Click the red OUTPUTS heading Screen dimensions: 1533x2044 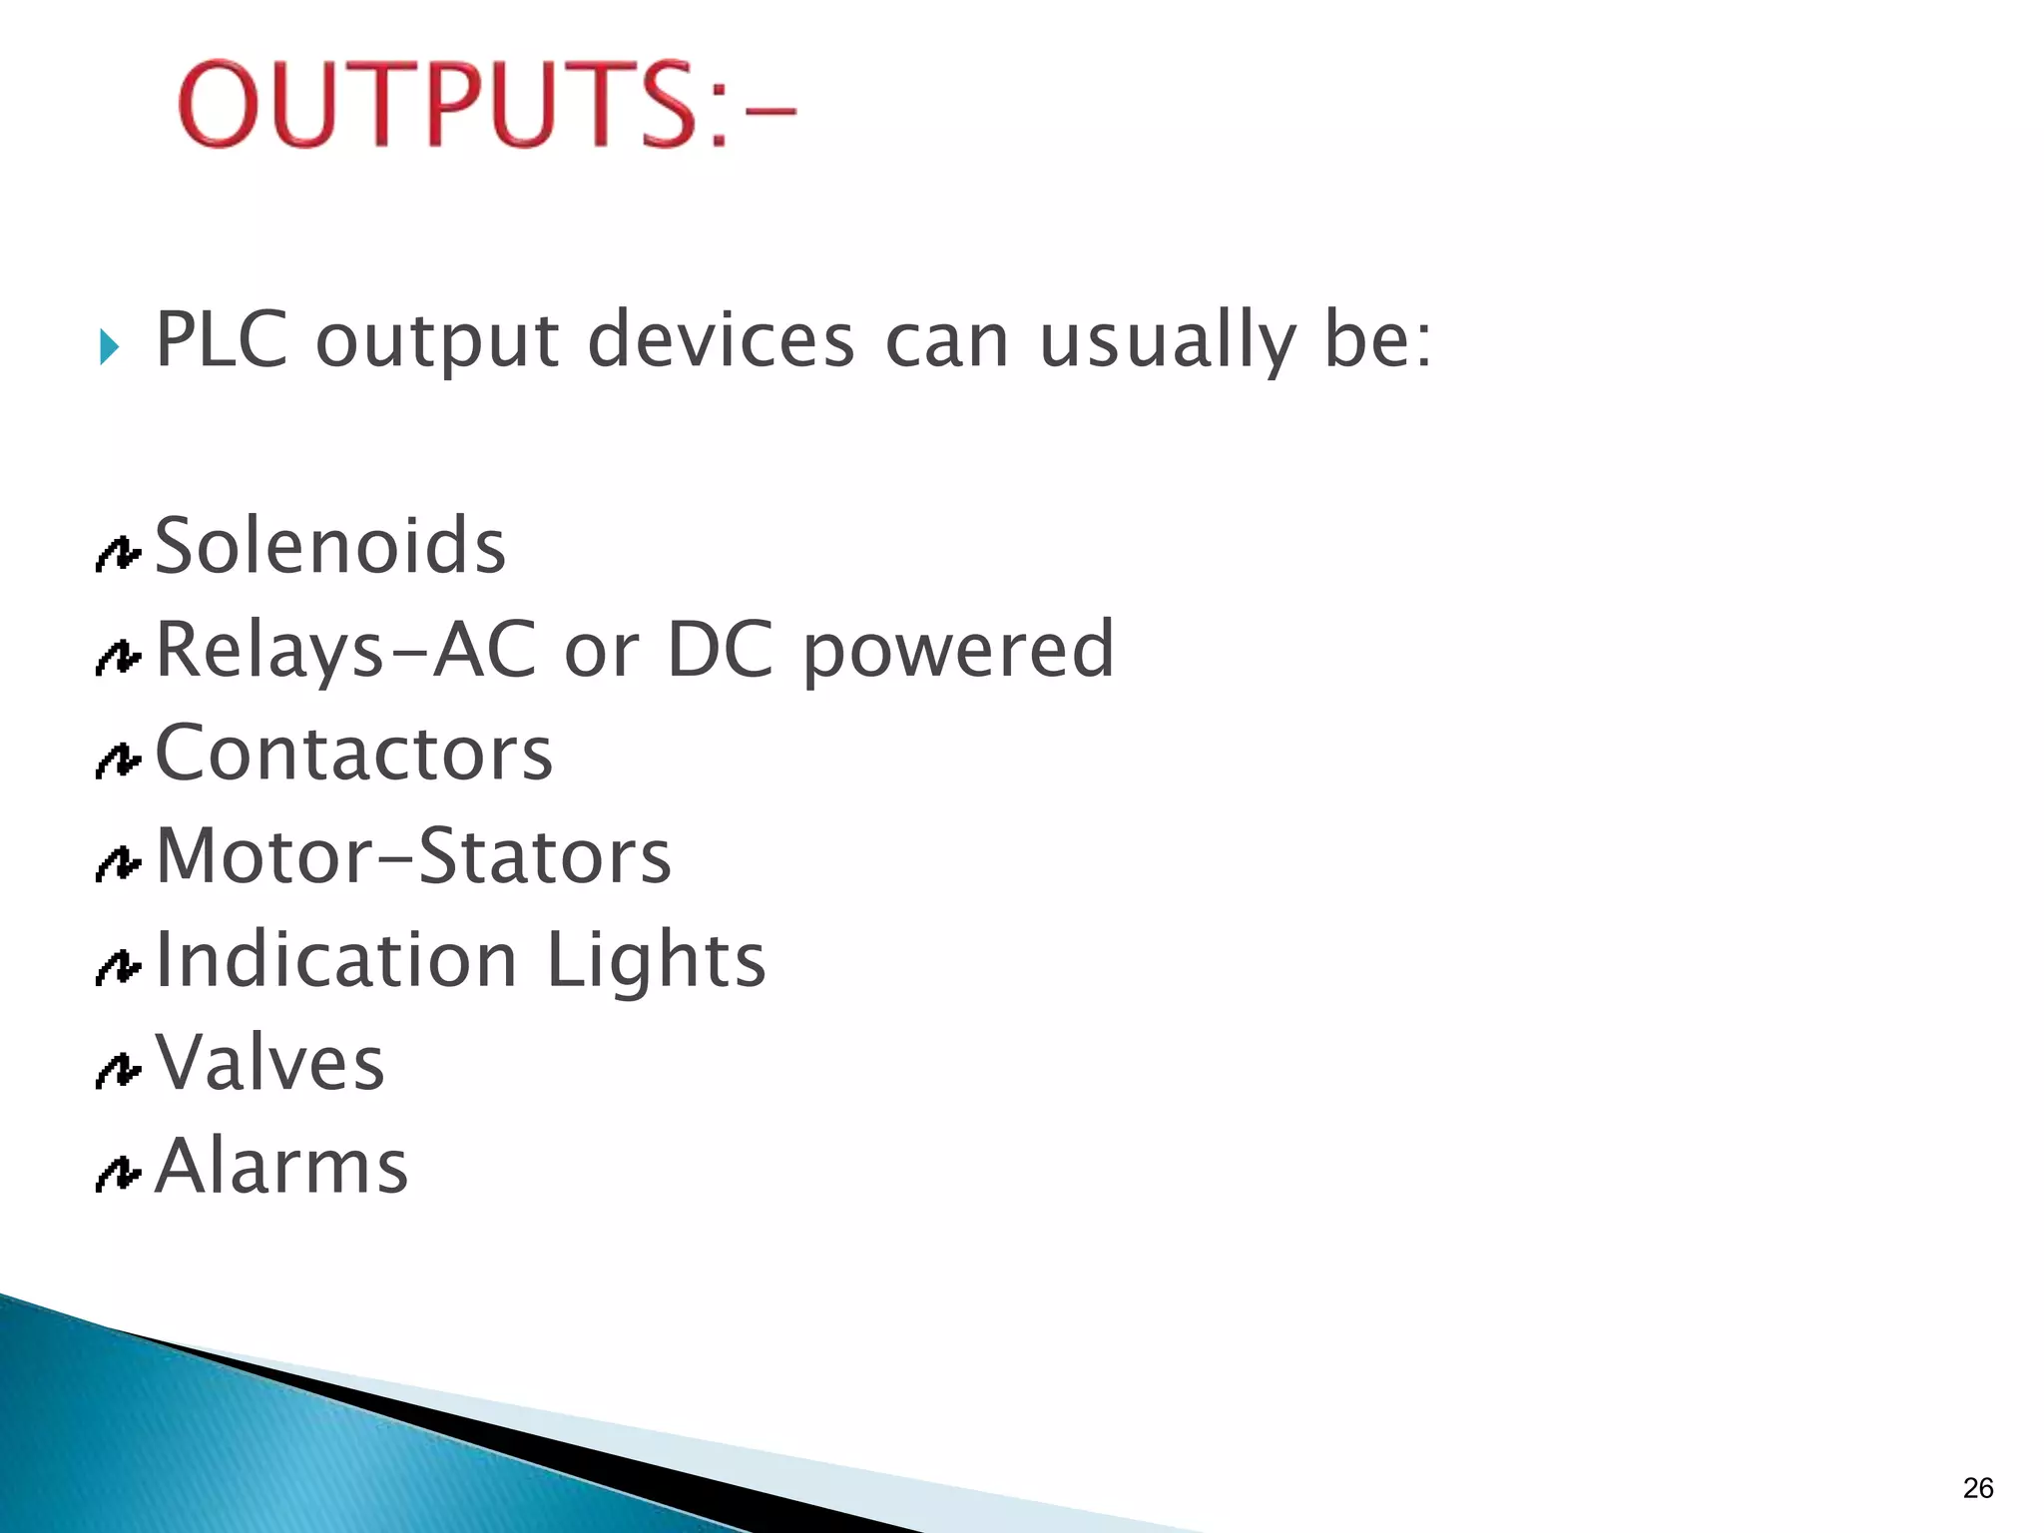pos(486,104)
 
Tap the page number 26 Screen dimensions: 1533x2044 pos(1977,1488)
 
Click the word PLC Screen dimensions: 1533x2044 pos(222,339)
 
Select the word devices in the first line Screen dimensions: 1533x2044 pos(721,339)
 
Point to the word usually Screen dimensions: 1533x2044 pos(1167,341)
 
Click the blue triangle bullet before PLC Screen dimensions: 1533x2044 pos(109,348)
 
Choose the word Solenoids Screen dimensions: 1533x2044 pos(330,546)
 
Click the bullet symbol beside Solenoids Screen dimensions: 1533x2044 pos(118,555)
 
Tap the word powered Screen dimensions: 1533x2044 pos(958,651)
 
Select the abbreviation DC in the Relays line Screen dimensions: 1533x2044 pos(720,649)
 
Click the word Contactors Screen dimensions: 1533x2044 pos(353,753)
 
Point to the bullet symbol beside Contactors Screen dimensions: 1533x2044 pos(118,762)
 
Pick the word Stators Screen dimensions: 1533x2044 pos(545,856)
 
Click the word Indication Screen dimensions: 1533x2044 pos(336,959)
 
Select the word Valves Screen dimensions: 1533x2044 pos(269,1063)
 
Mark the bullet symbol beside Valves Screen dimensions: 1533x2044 pos(118,1071)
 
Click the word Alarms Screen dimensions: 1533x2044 pos(281,1166)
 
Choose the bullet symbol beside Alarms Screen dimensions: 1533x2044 pos(118,1174)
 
